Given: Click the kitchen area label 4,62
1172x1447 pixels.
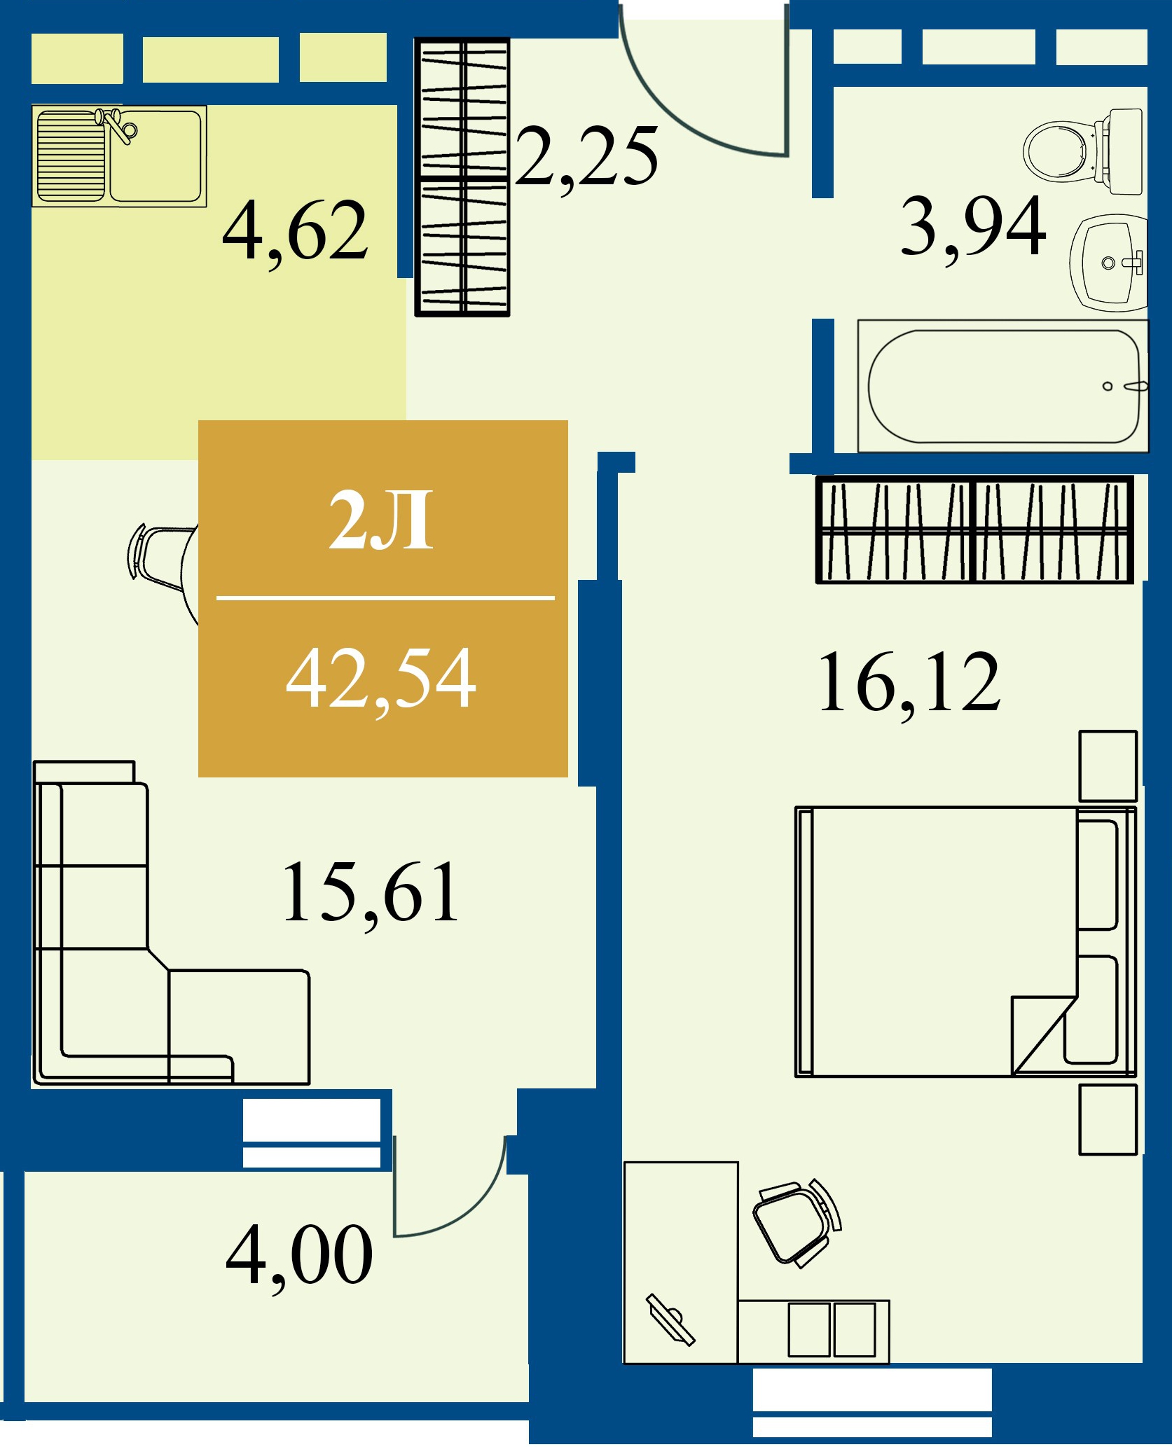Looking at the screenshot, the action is point(295,232).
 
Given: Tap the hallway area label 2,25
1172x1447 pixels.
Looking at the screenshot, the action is point(587,158).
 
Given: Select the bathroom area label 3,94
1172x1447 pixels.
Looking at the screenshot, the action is point(973,226).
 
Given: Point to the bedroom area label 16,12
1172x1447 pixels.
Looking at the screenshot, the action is point(909,683).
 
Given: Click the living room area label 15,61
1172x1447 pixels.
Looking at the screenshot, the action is point(370,893).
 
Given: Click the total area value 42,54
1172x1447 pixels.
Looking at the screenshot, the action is point(381,678).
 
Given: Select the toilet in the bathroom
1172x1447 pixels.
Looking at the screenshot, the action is point(1082,151).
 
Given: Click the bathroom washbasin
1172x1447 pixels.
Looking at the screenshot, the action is point(1109,262).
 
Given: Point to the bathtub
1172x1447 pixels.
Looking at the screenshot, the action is point(1003,386).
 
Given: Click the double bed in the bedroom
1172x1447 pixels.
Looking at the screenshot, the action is point(965,941).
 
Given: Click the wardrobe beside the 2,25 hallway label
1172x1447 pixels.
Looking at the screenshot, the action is point(462,177).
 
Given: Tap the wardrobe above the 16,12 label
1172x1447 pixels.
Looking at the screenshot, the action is point(974,529).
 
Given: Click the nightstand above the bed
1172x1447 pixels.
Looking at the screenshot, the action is point(1108,766).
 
